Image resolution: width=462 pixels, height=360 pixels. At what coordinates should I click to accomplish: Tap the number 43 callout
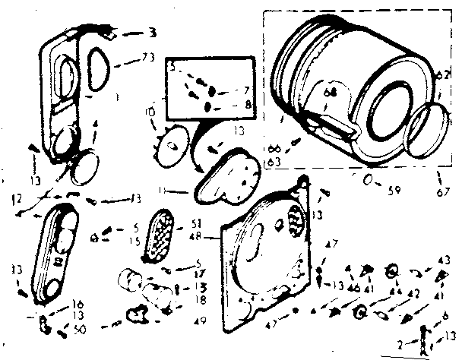pos(445,260)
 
